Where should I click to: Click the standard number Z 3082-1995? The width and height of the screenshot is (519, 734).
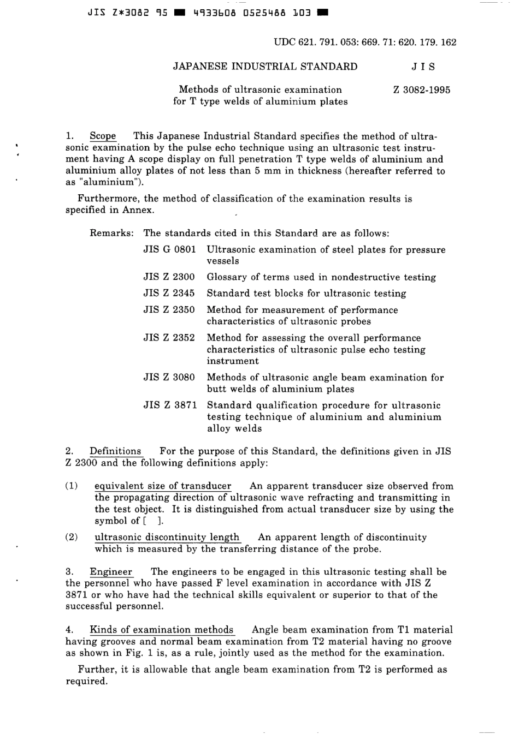[421, 90]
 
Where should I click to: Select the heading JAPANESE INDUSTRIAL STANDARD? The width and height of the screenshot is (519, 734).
[265, 67]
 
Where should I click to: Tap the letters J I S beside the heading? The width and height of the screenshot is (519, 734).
[423, 67]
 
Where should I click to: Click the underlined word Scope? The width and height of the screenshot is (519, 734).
[103, 136]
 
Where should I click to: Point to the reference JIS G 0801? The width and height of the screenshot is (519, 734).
[169, 249]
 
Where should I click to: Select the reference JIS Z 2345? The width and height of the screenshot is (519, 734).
[169, 293]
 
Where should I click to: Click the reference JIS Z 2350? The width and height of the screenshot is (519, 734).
[169, 309]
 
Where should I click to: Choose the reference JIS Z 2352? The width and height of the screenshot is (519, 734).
[169, 338]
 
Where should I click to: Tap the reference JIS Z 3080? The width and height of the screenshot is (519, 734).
[169, 377]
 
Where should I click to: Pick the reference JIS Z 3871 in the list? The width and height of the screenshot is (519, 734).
[169, 405]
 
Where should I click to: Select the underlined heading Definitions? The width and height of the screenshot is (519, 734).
[115, 451]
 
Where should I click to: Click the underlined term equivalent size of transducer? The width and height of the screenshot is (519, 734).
[163, 486]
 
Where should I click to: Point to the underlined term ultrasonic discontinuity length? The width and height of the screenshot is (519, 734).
[167, 537]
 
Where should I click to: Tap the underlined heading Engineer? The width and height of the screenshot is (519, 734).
[111, 571]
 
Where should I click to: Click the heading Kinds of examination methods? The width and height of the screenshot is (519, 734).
[161, 630]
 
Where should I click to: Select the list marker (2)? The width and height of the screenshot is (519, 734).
[71, 537]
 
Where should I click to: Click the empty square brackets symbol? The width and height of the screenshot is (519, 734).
[153, 521]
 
